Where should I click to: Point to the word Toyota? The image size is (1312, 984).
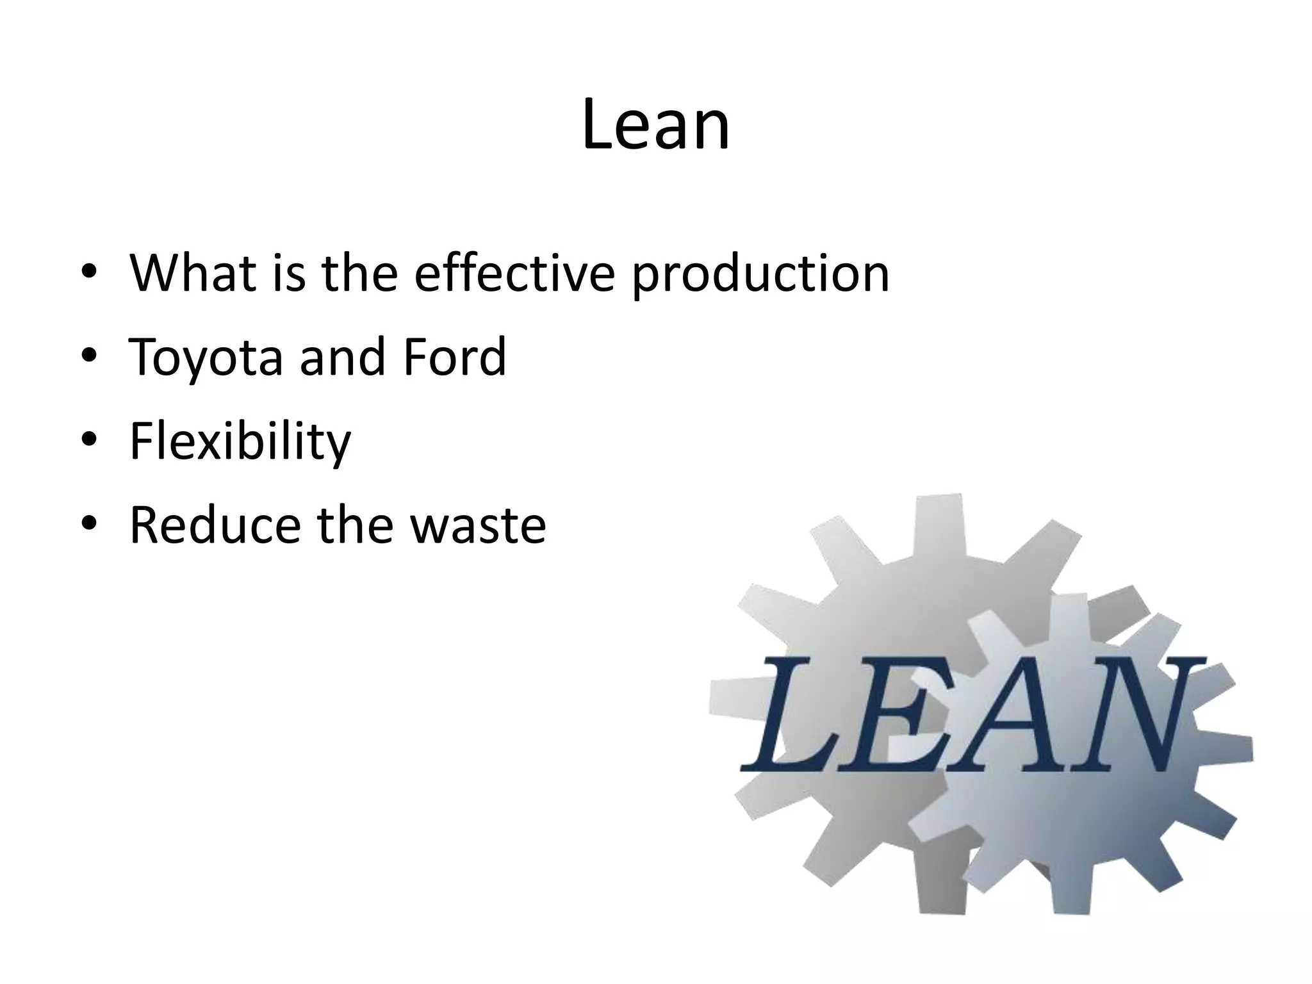206,357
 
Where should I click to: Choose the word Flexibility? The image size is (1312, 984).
240,442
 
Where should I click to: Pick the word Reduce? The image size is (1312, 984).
215,525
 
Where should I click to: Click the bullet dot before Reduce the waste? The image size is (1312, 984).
89,523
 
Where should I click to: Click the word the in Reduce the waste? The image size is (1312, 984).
355,525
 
